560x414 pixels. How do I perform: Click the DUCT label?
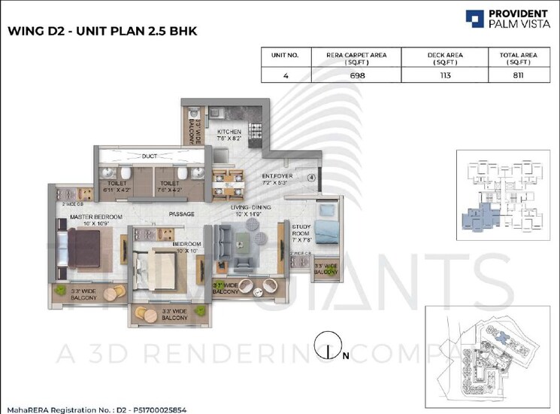[x=150, y=157]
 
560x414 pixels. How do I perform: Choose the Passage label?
[x=182, y=214]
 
